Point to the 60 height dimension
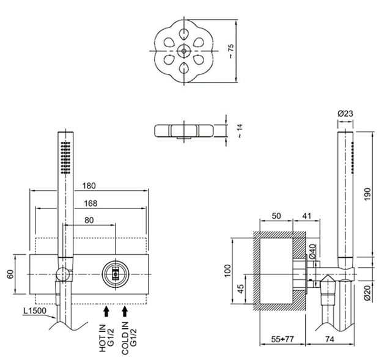(10, 274)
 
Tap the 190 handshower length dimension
(367, 194)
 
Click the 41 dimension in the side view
(307, 216)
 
